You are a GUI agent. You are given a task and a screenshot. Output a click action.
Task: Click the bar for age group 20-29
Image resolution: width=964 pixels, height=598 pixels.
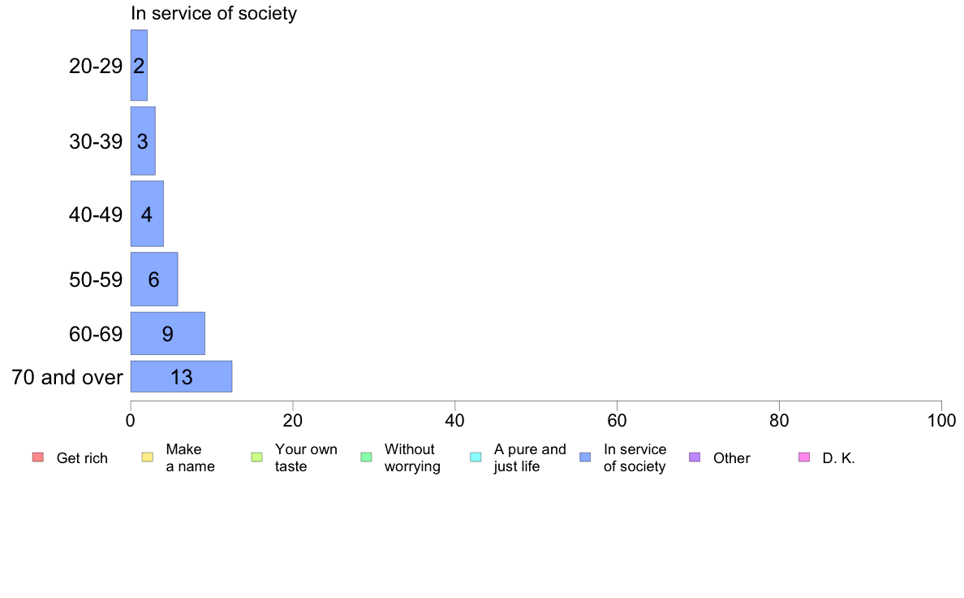(139, 65)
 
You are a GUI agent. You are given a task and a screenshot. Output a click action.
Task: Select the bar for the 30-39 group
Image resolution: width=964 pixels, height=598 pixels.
(143, 141)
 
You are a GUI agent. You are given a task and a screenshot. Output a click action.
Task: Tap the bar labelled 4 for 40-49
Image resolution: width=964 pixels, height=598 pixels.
(147, 214)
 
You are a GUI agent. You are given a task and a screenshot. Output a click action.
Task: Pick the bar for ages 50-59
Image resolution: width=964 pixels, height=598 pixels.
(153, 279)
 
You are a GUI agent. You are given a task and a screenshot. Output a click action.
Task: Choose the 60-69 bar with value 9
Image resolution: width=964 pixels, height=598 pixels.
(167, 333)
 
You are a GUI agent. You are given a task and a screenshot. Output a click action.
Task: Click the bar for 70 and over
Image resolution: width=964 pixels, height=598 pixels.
(182, 376)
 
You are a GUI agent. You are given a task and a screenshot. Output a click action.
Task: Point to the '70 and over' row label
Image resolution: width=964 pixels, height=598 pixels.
(67, 377)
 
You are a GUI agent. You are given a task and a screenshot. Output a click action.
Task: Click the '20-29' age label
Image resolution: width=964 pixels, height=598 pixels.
(96, 66)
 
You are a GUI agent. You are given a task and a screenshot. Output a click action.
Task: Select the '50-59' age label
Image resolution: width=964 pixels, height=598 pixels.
(96, 279)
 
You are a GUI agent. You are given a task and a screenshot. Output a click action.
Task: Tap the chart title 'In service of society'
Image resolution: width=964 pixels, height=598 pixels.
(214, 13)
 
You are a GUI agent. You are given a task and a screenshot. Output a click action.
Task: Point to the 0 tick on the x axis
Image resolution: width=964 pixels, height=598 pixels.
(131, 421)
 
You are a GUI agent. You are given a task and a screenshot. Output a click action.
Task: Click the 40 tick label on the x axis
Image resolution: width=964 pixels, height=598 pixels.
(455, 421)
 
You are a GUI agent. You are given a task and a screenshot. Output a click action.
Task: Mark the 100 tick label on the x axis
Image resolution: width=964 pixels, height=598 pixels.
(941, 421)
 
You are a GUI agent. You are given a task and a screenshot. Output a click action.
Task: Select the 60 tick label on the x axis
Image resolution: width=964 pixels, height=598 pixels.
(617, 421)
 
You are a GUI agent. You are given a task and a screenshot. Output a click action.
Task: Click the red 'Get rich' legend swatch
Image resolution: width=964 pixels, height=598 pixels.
(38, 457)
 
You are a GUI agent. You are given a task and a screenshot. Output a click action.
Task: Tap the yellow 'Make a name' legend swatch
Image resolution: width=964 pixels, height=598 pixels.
(148, 457)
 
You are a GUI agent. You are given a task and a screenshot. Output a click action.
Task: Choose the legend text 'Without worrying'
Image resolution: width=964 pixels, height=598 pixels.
(412, 457)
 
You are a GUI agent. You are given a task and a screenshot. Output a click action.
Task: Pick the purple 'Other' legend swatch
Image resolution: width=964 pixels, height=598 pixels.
(695, 457)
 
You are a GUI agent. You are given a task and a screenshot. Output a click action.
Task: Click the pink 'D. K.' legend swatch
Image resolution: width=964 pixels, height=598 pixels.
(804, 457)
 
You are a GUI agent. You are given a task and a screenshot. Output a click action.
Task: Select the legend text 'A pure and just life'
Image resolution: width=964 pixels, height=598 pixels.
(530, 457)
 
